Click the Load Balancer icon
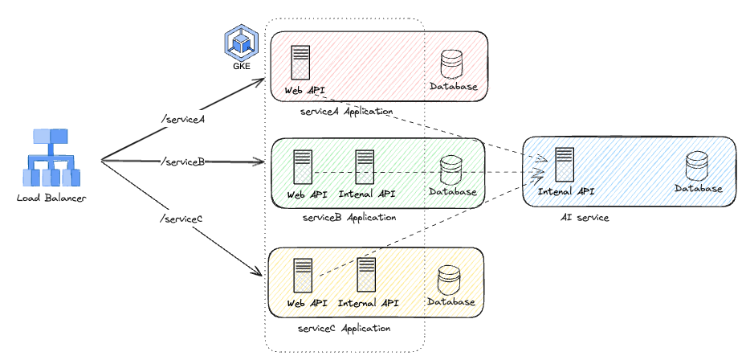coord(51,157)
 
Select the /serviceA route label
coord(184,120)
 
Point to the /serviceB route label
coord(182,162)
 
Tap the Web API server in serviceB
coord(303,167)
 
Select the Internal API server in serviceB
coord(366,167)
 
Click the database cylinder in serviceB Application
coord(452,170)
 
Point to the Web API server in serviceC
coord(303,275)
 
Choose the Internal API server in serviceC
coord(367,275)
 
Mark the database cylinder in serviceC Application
coord(450,279)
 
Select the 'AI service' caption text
coord(585,218)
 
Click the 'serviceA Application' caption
coord(345,112)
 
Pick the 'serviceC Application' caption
coord(344,328)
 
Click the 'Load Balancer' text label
coord(51,198)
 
